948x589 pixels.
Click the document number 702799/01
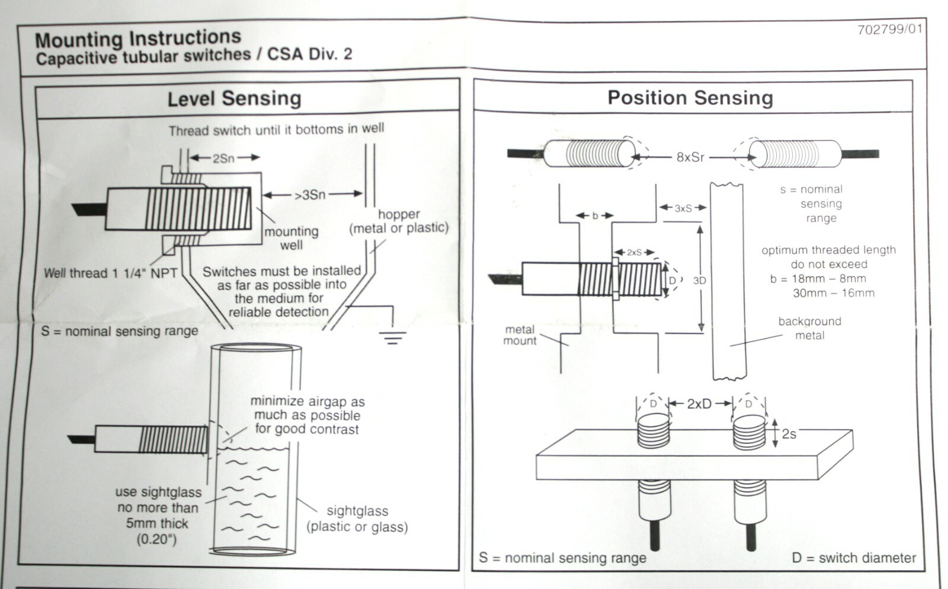tap(889, 30)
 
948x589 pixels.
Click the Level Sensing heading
tap(234, 98)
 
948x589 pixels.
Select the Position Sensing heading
tap(690, 98)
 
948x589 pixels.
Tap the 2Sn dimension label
tap(223, 158)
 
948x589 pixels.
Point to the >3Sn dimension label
tap(310, 194)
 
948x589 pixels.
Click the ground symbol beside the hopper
tap(392, 338)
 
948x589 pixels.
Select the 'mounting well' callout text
tap(291, 238)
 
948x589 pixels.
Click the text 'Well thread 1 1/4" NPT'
tap(110, 273)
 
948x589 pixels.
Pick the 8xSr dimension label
tap(690, 158)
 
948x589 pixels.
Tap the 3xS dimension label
tap(683, 209)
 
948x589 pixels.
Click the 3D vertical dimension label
tap(699, 281)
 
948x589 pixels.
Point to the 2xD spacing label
tap(699, 404)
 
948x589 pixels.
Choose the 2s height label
tap(789, 434)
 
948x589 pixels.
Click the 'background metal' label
tap(809, 328)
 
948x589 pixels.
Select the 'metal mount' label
tap(520, 335)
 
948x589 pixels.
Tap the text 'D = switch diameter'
tap(853, 558)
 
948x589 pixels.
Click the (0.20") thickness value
tap(156, 539)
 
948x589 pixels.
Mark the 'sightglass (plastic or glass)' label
tap(357, 519)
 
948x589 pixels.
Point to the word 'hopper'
tap(399, 214)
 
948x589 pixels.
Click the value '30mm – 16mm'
tap(833, 293)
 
